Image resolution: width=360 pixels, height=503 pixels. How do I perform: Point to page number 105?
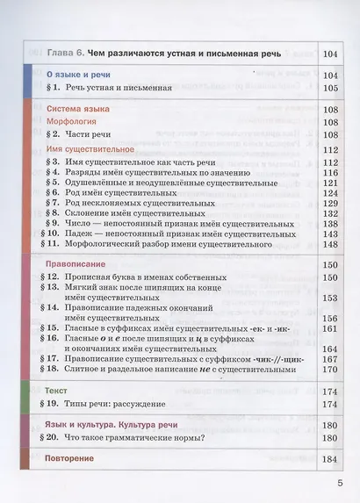point(331,90)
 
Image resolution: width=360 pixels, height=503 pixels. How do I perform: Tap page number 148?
point(331,236)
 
